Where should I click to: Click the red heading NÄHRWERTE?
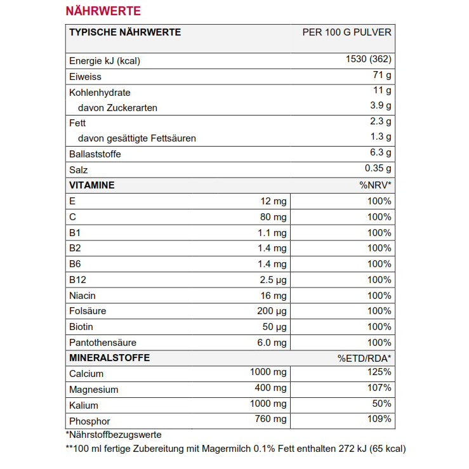[x=103, y=11]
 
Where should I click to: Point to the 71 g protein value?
[x=382, y=76]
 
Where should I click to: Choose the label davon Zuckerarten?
[x=117, y=108]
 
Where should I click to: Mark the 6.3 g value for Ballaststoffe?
[x=380, y=152]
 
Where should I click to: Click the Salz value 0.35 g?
[x=378, y=168]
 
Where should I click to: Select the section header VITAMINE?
[x=91, y=185]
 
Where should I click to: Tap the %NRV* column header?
[x=375, y=185]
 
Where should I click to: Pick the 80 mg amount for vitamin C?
[x=273, y=217]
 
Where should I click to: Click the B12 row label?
[x=77, y=280]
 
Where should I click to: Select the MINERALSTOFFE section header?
[x=109, y=358]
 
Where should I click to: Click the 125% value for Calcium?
[x=379, y=373]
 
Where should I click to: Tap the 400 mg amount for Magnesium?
[x=270, y=388]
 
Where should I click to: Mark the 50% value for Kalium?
[x=381, y=404]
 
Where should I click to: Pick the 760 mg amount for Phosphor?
[x=270, y=419]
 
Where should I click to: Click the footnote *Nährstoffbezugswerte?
[x=113, y=435]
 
